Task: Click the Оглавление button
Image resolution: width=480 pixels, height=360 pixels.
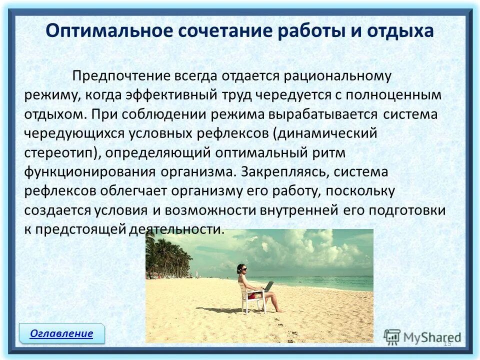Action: (x=61, y=333)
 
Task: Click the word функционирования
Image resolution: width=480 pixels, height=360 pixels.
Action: (x=90, y=171)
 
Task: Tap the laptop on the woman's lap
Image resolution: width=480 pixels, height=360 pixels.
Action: (x=268, y=287)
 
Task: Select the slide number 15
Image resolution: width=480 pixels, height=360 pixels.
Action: (x=447, y=343)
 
